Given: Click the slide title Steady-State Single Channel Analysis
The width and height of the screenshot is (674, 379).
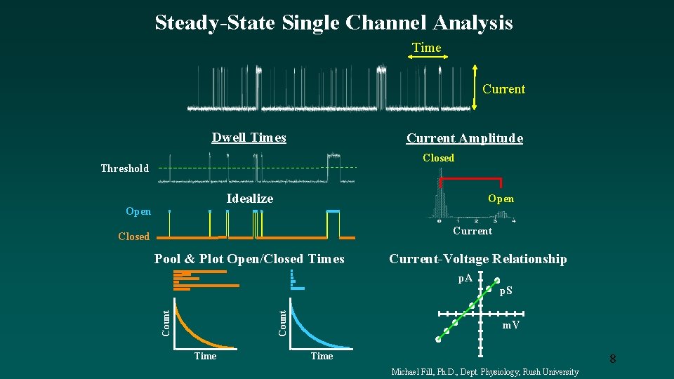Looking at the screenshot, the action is (333, 22).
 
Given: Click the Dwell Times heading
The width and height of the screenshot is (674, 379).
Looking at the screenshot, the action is (249, 138).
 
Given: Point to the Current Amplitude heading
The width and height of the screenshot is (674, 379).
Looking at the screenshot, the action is (464, 138).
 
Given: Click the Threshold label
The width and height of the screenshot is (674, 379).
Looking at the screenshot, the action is (124, 168).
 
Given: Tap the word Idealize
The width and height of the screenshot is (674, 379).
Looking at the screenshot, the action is (249, 199).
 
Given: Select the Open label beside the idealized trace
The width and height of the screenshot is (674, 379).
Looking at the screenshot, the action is (138, 211).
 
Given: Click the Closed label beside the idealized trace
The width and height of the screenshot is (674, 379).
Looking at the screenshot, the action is (133, 237).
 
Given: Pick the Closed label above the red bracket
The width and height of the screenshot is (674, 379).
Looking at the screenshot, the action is (438, 158).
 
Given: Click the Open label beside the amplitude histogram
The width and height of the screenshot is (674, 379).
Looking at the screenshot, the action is (501, 199).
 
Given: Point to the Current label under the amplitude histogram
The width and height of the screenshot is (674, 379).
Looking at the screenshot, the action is (473, 231).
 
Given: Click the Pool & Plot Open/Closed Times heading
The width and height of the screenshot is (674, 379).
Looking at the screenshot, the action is (249, 259).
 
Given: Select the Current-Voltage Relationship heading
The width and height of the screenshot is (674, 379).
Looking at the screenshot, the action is (477, 259).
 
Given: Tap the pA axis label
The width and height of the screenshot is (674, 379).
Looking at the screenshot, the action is (465, 279).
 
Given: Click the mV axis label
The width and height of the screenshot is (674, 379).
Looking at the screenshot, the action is (510, 325).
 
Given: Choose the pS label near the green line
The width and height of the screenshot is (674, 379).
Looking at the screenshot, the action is (505, 291).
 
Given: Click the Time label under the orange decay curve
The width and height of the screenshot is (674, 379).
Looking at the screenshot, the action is (205, 356).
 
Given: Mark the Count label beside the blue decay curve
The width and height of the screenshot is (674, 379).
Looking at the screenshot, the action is (282, 322).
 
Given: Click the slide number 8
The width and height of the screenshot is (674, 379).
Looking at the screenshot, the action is (612, 359).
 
